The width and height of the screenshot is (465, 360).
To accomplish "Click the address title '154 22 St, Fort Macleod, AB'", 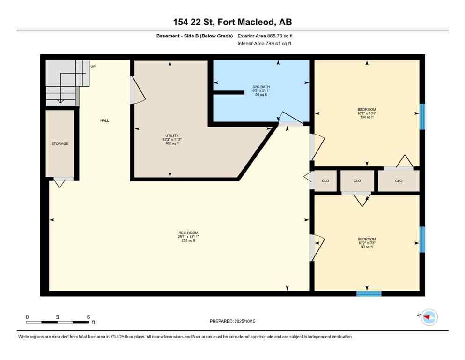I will coord(232,22).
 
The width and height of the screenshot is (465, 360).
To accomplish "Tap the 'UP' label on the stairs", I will coord(93,67).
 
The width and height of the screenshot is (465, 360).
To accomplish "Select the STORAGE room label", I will coord(60,143).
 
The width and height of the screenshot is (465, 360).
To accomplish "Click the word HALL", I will coord(104,120).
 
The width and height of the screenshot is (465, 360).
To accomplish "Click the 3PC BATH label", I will coord(261,87).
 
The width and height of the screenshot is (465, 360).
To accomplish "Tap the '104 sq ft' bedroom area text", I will coord(366,117).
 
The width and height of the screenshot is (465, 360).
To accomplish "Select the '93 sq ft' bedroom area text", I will coord(366,247).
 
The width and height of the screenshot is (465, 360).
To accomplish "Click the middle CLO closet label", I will coord(357,180).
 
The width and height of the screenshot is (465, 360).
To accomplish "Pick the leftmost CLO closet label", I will coord(325,180).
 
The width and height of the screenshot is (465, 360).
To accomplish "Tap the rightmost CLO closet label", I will coord(399,180).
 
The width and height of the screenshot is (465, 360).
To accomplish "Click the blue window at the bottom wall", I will coord(369,294).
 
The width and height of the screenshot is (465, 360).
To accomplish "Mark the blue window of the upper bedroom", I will coord(422,116).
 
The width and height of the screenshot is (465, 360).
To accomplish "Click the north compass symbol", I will coord(429,317).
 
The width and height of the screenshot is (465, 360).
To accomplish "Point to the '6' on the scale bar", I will coord(88,317).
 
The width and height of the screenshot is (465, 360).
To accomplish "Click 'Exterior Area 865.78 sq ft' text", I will coord(265,36).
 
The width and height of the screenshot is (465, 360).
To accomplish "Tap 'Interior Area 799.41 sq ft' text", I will coord(265,44).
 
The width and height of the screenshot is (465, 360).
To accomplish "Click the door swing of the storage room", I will coord(59,183).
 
